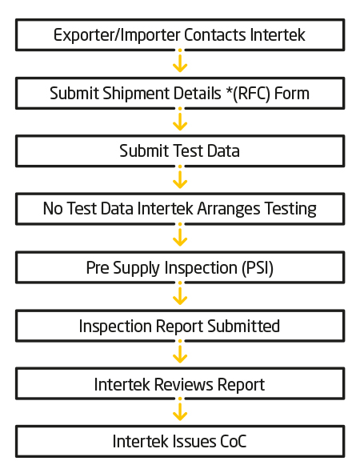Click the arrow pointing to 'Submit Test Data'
(x=180, y=119)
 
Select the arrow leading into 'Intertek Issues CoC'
(x=180, y=409)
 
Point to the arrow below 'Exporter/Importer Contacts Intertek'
(x=180, y=61)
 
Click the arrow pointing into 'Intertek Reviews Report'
(x=180, y=351)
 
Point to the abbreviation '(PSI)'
(x=258, y=268)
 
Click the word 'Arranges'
(x=229, y=209)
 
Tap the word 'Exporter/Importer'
(x=117, y=35)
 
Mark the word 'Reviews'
(x=183, y=385)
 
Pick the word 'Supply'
(x=137, y=268)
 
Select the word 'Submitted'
(x=243, y=326)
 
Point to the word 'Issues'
(x=194, y=442)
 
